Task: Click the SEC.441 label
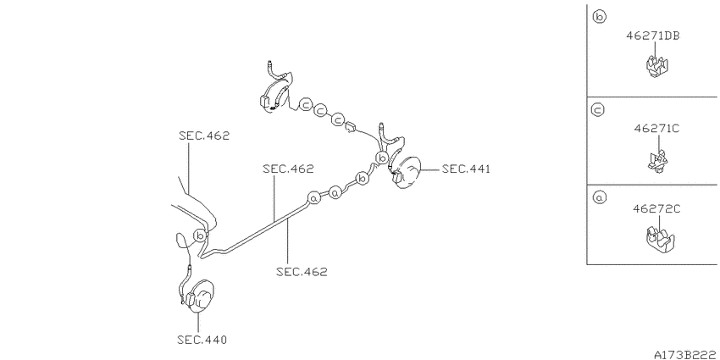pos(466,169)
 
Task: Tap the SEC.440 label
pos(202,341)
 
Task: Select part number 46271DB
pos(653,36)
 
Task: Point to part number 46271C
pos(656,129)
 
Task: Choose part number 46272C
pos(656,209)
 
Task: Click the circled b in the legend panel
pos(600,18)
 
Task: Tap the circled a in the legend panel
pos(600,197)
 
